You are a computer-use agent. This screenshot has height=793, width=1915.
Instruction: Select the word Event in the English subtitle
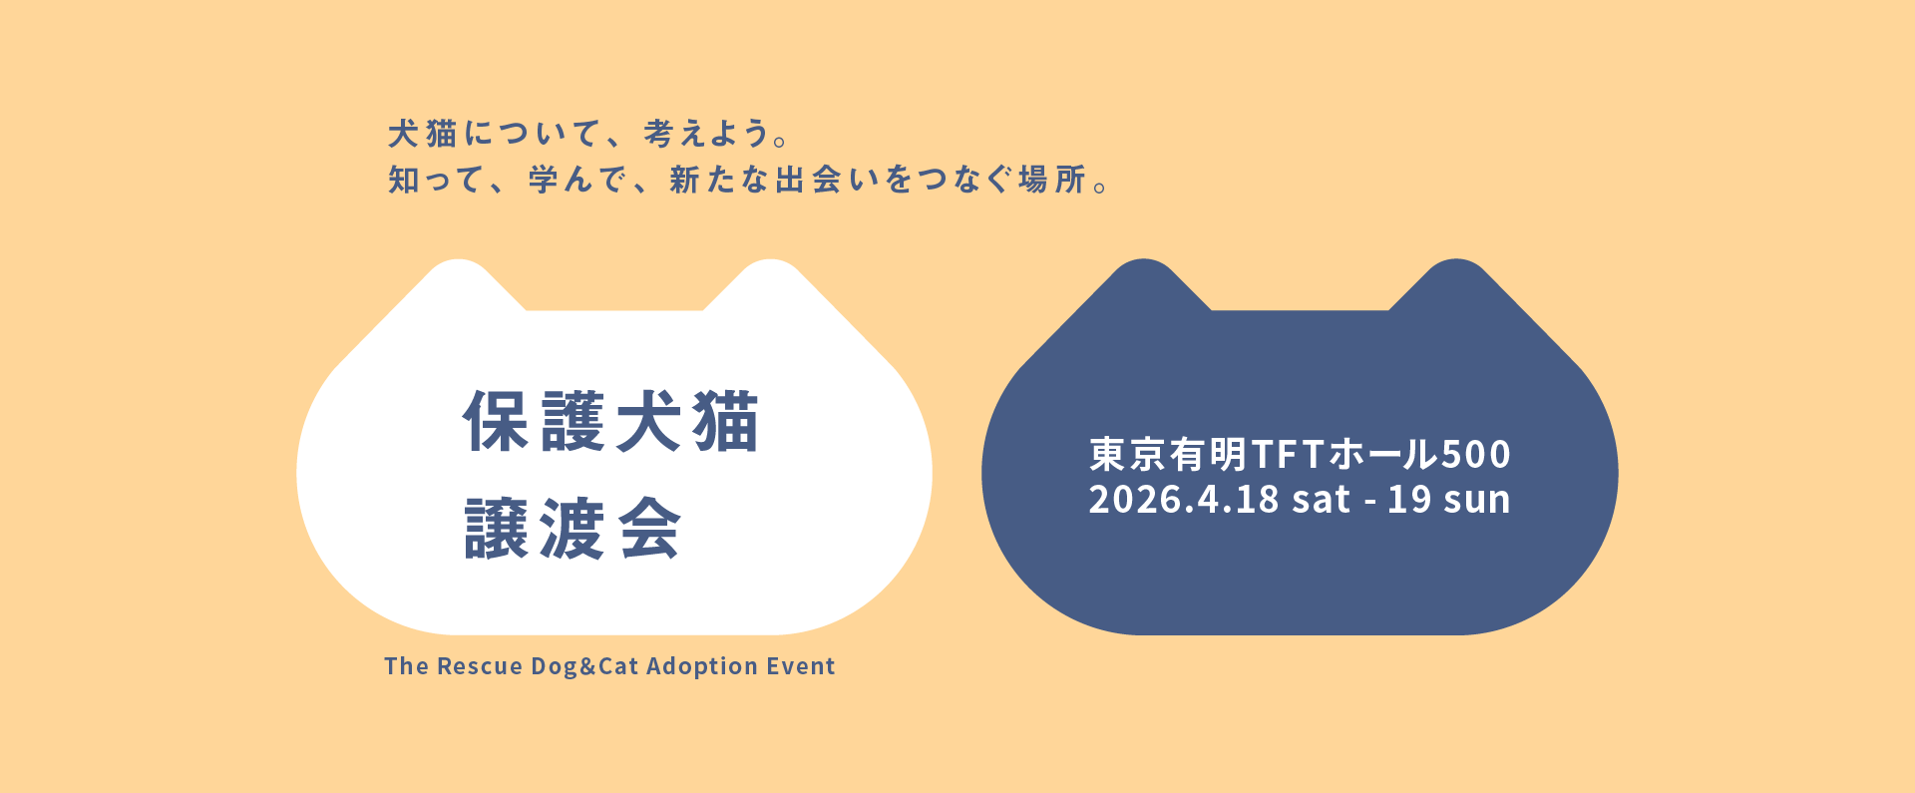(801, 666)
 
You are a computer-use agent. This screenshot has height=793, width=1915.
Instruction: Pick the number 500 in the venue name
(1475, 455)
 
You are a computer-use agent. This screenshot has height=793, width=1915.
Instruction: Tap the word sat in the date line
(1321, 500)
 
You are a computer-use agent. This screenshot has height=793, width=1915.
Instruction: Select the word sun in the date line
(1479, 500)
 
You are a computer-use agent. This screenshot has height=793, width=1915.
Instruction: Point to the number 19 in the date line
(1409, 500)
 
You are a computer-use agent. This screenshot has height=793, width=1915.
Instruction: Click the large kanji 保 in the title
(496, 422)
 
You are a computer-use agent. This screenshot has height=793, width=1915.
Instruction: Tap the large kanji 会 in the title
(649, 529)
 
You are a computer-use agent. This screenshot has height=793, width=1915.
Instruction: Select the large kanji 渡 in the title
(573, 529)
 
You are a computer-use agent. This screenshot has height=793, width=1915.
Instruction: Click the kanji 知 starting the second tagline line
(404, 180)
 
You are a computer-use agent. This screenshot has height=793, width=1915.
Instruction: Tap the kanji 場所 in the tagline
(1051, 180)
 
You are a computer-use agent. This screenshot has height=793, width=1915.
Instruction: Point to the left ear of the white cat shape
(459, 284)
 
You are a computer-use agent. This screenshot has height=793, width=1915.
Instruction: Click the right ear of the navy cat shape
(1456, 284)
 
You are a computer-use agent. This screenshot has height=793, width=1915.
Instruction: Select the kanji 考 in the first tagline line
(658, 133)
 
